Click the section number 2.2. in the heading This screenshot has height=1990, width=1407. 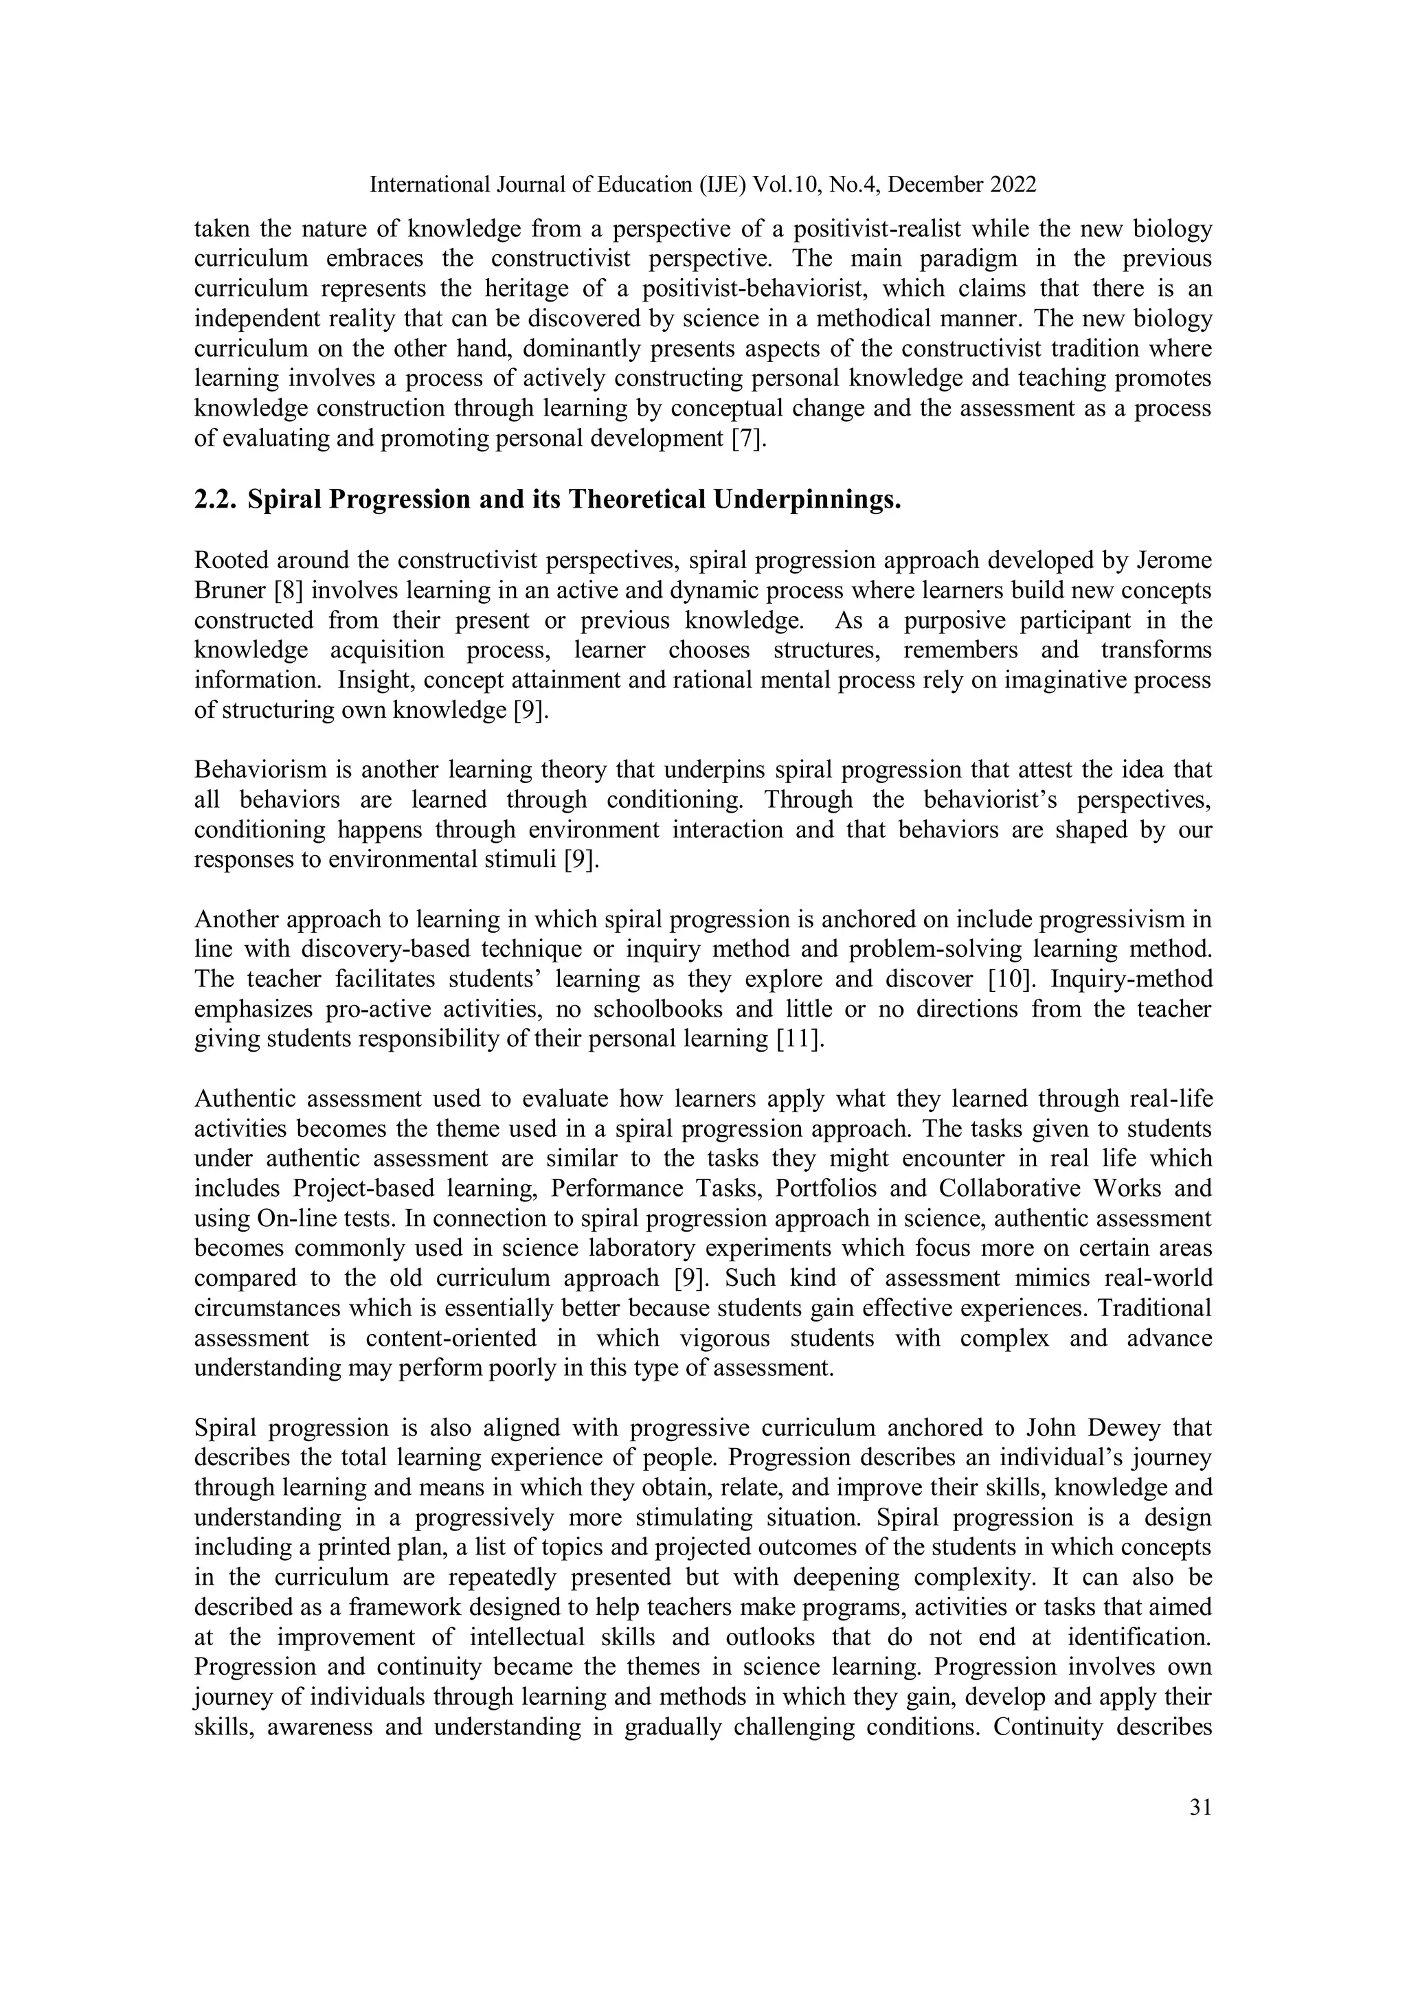point(215,500)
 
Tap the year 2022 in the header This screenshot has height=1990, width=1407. point(1013,185)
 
